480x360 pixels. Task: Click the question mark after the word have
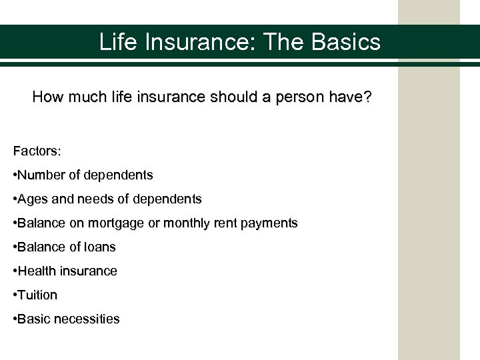coord(369,97)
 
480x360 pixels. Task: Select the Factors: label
coord(37,151)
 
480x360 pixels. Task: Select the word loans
coord(99,247)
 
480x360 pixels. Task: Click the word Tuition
coord(38,295)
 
